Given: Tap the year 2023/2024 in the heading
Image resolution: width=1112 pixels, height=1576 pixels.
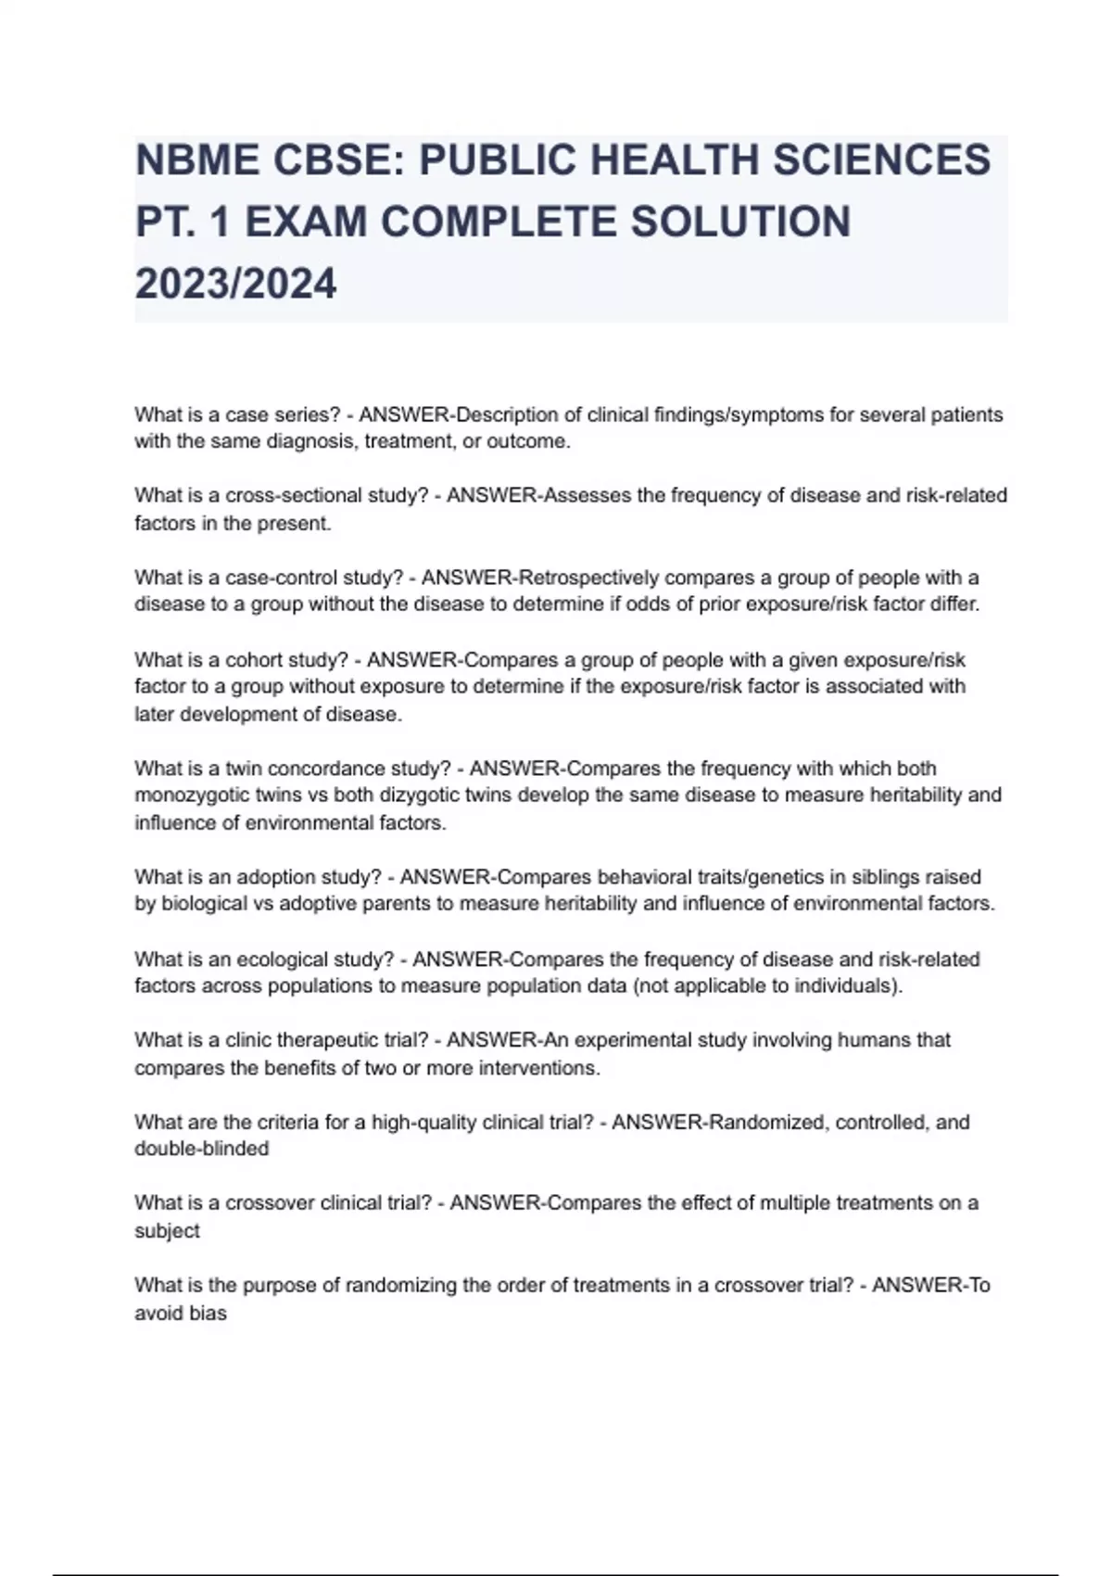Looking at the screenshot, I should coord(235,284).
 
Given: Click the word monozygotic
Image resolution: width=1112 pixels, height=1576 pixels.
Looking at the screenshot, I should coord(190,795).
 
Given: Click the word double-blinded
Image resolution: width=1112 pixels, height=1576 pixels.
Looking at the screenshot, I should coord(202,1149).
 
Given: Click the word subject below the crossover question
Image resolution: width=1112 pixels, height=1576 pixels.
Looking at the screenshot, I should coord(167,1231).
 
